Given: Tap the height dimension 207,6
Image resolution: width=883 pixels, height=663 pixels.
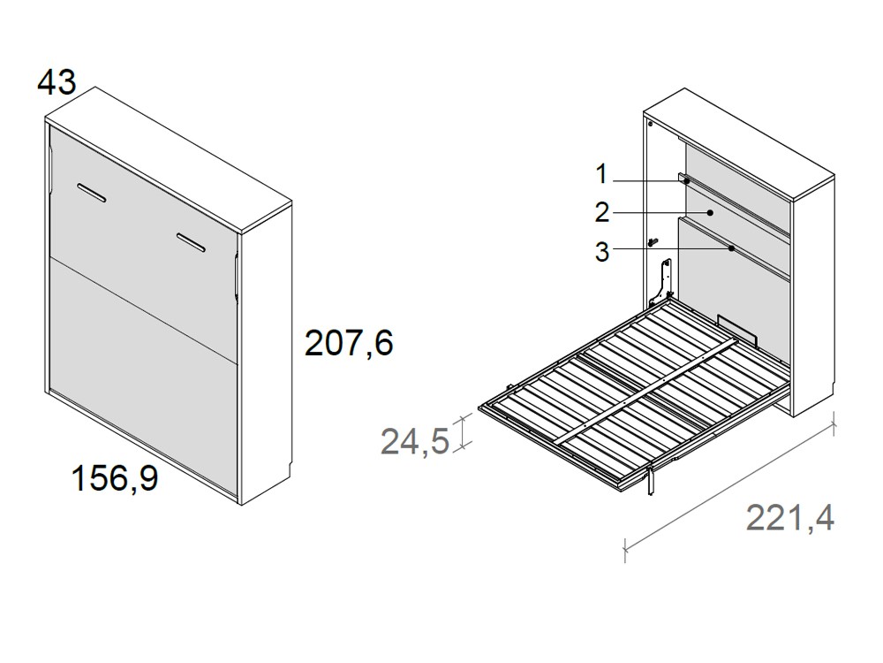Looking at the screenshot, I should pyautogui.click(x=348, y=343).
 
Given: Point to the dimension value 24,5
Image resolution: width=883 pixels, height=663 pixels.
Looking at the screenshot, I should pyautogui.click(x=415, y=440).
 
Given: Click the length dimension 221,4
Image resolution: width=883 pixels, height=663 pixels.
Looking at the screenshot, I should pyautogui.click(x=789, y=518).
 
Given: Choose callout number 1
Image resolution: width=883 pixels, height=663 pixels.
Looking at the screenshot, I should pyautogui.click(x=601, y=175).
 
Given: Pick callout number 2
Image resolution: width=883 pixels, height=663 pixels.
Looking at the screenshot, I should pyautogui.click(x=601, y=213).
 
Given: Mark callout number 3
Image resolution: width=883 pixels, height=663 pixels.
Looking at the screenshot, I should pyautogui.click(x=601, y=252).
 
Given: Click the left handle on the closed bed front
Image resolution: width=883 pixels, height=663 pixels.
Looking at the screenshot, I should pyautogui.click(x=92, y=193).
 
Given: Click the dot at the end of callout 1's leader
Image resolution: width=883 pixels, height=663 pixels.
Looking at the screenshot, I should pyautogui.click(x=686, y=180).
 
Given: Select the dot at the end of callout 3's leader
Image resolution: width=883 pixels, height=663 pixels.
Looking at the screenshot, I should pyautogui.click(x=732, y=248).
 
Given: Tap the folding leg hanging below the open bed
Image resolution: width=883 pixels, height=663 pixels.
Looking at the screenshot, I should pyautogui.click(x=652, y=479).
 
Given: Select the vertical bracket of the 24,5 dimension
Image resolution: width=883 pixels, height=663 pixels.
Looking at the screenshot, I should pyautogui.click(x=463, y=433).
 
